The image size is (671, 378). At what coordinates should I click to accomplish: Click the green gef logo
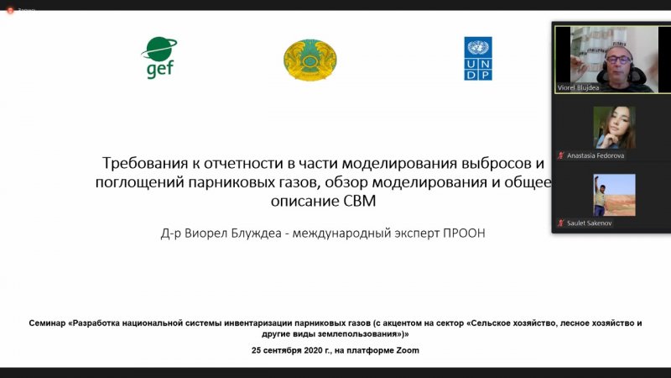(x=159, y=58)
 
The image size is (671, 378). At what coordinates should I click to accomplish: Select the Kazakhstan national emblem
(x=309, y=60)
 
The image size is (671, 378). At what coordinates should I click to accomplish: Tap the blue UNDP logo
(x=478, y=58)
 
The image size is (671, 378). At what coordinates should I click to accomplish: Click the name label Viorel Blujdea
(x=578, y=88)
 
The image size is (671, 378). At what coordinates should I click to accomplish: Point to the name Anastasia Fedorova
(x=596, y=155)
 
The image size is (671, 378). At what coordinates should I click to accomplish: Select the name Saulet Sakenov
(x=590, y=223)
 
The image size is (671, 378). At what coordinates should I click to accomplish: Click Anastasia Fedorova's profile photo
(x=614, y=128)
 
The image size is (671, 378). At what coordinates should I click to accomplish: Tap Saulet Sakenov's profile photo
(x=614, y=195)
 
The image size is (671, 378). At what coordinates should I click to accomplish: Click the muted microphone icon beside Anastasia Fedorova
(x=560, y=155)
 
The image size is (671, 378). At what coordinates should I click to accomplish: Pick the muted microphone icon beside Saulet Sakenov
(x=560, y=223)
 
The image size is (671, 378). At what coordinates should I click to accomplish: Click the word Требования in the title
(x=145, y=163)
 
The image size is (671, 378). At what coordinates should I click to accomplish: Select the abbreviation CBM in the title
(x=360, y=201)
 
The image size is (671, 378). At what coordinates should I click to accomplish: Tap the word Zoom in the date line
(x=408, y=350)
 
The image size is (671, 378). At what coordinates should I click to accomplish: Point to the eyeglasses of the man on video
(x=618, y=60)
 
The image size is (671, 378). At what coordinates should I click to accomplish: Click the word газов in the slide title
(x=299, y=182)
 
